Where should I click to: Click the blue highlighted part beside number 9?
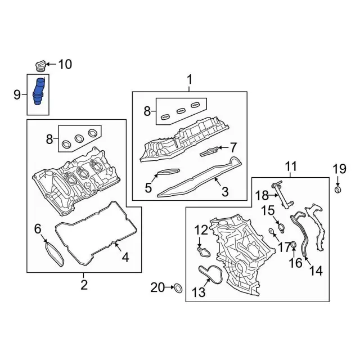[x=40, y=92]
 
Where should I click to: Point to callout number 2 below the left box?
[x=84, y=285]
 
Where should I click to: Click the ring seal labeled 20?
[x=177, y=289]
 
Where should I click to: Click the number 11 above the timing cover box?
[x=291, y=167]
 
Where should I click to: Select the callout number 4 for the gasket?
[x=125, y=258]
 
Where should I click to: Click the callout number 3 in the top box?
[x=224, y=192]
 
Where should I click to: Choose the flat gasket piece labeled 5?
[x=167, y=173]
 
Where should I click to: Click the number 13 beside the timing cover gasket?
[x=199, y=291]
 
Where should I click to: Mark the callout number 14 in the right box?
[x=316, y=271]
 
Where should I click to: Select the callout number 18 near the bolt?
[x=263, y=195]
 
